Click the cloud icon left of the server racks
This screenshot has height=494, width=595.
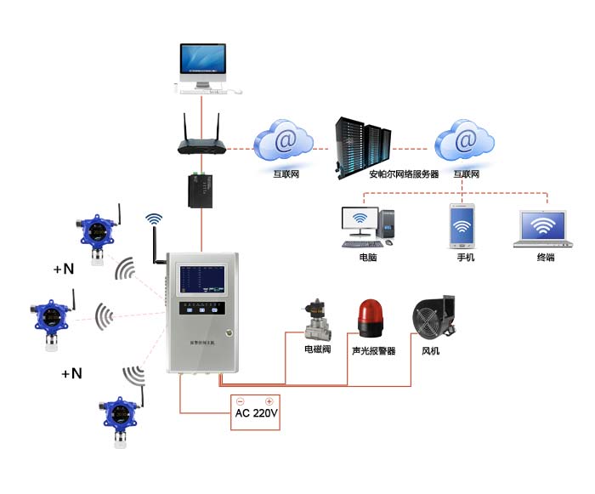pos(285,139)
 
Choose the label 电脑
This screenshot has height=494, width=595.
pos(368,257)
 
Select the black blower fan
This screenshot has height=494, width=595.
pos(433,320)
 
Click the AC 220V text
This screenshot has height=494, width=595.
pos(256,415)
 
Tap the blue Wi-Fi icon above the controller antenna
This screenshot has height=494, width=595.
pos(154,219)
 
